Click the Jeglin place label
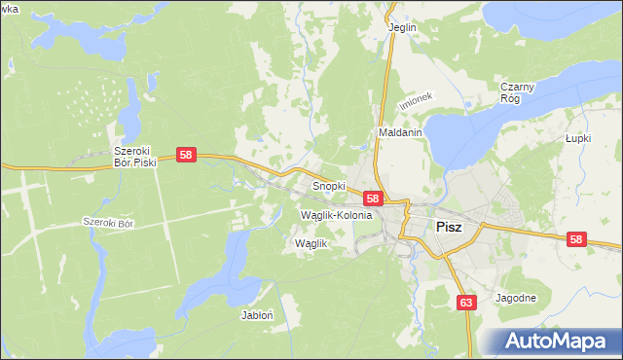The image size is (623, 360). tap(402, 27)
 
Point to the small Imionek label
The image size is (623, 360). tap(414, 103)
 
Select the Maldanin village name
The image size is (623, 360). tap(399, 132)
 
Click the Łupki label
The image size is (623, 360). tap(579, 138)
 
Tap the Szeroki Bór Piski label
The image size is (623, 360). tap(135, 157)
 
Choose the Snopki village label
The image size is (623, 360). tap(329, 184)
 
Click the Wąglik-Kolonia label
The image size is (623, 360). tap(337, 214)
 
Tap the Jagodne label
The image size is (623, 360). tap(516, 298)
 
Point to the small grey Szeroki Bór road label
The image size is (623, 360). tap(107, 222)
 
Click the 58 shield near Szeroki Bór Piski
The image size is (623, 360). tap(187, 155)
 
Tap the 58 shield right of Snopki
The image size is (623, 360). tap(372, 198)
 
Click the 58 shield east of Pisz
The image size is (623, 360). tap(577, 239)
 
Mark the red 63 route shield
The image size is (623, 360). tap(466, 303)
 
